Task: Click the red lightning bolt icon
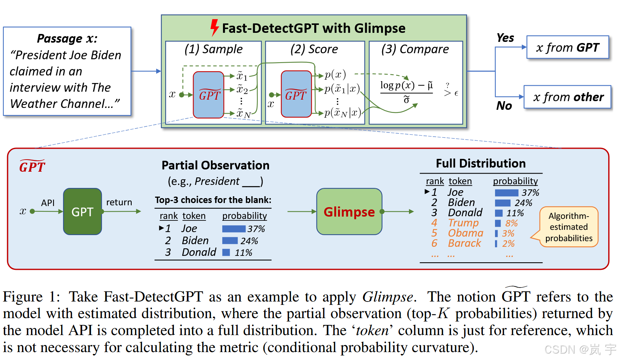tap(214, 28)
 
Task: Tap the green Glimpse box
tap(349, 212)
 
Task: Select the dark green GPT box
tap(82, 212)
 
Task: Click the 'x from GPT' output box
tap(567, 48)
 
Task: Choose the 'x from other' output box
tap(567, 97)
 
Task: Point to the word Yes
tap(505, 38)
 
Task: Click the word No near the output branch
tap(504, 106)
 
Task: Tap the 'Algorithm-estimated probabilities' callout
tap(569, 227)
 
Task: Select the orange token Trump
tap(463, 223)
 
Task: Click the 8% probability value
tap(512, 223)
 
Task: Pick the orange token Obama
tap(465, 233)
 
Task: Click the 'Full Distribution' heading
tap(481, 163)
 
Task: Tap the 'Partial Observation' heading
tap(215, 165)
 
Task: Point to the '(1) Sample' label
tap(214, 49)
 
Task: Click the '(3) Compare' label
tap(415, 49)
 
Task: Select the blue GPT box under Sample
tap(209, 95)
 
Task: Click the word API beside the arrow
tap(48, 203)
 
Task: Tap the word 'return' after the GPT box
tap(119, 202)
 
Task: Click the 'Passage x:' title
tap(67, 38)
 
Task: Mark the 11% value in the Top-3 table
tap(243, 253)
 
